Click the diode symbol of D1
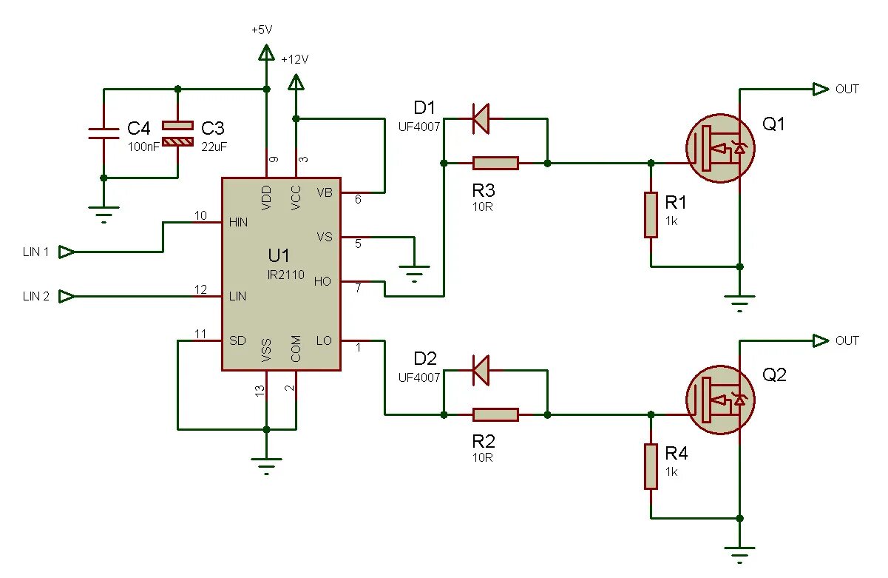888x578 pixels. coord(481,118)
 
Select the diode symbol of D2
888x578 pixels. coord(481,370)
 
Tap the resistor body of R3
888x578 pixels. coord(495,163)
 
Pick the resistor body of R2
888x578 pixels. coord(495,414)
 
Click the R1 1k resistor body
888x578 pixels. coord(651,215)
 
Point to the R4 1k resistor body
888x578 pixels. coord(651,466)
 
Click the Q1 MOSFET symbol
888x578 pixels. coord(720,148)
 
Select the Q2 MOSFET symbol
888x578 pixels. coord(720,400)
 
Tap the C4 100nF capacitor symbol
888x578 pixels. coord(104,134)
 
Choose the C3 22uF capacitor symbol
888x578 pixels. coord(177,134)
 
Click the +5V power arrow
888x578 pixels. coord(266,53)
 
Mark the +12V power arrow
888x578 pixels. coord(296,82)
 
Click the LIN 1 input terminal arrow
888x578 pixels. coord(67,252)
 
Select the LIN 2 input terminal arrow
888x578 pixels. coord(67,296)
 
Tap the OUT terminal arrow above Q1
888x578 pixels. coord(820,89)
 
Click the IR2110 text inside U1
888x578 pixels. coord(286,275)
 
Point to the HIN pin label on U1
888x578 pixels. coord(238,222)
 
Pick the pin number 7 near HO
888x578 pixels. coord(358,288)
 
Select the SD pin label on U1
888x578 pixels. coord(237,340)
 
